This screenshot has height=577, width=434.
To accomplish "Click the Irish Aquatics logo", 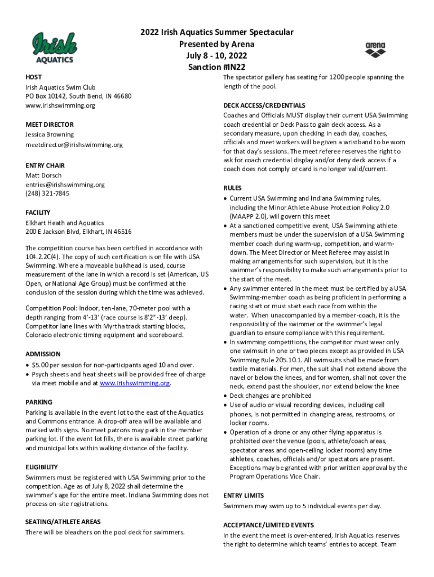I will pos(54,47).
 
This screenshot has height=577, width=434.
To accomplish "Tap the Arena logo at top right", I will pos(375,50).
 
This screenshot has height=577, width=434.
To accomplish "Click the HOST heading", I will pos(33,77).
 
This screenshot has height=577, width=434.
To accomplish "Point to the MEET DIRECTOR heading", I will pos(49,124).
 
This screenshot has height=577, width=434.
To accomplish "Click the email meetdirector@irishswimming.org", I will pos(74,145).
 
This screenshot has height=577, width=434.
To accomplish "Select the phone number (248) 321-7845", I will pos(47,193).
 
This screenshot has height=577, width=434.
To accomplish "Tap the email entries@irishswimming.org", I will pos(65,184).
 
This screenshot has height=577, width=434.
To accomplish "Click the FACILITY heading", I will pos(38,212).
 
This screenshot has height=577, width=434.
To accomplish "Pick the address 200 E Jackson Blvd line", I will pos(78,232).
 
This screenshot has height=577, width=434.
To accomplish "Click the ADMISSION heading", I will pos(43,354).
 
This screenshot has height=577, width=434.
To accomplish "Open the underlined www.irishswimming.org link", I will pos(135,383).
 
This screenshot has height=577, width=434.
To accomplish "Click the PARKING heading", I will pos(39,402).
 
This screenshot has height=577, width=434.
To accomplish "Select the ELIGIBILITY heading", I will pos(42,467).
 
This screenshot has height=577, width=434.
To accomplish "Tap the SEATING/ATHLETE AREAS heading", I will pos(63,522).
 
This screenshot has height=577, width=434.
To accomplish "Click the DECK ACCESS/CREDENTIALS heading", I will pos(264,105).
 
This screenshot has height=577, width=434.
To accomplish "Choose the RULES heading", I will pos(232,188).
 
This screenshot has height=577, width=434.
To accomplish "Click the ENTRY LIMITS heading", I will pos(244,495).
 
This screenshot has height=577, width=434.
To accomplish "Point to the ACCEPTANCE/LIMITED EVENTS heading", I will pos(268,525).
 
